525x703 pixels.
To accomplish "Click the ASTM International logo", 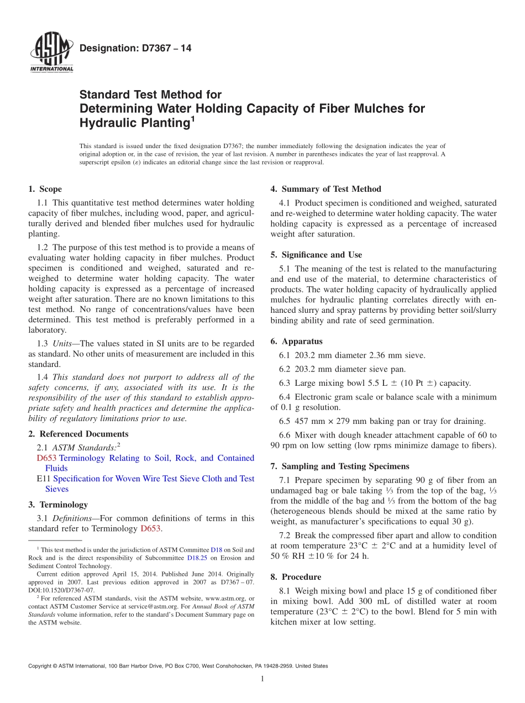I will point(51,54).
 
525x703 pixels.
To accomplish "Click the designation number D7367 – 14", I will point(135,49).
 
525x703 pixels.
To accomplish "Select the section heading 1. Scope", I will point(45,189).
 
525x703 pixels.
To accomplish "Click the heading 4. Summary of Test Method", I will point(326,189).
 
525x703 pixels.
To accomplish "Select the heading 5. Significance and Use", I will point(316,255).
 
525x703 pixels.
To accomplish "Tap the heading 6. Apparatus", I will point(296,341).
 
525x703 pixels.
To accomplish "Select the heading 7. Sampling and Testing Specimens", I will point(340,466).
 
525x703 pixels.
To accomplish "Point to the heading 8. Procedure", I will point(296,576).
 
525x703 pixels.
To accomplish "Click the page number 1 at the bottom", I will point(262,679).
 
